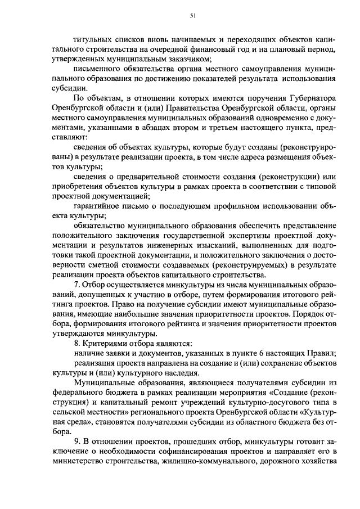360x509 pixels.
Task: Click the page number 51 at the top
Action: pyautogui.click(x=192, y=16)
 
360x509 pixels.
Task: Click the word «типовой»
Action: pyautogui.click(x=322, y=186)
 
